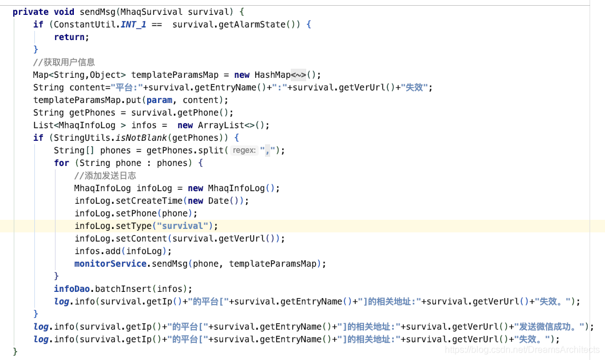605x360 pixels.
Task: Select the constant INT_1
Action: (133, 25)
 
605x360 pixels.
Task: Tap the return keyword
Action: (69, 37)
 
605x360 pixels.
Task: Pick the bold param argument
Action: (159, 100)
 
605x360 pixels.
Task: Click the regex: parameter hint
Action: (244, 150)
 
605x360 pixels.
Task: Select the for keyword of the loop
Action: (61, 163)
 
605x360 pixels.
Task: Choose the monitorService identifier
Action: (110, 263)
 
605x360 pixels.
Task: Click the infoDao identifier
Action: (72, 288)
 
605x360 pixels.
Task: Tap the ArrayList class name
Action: (221, 125)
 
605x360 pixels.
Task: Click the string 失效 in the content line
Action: (414, 88)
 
